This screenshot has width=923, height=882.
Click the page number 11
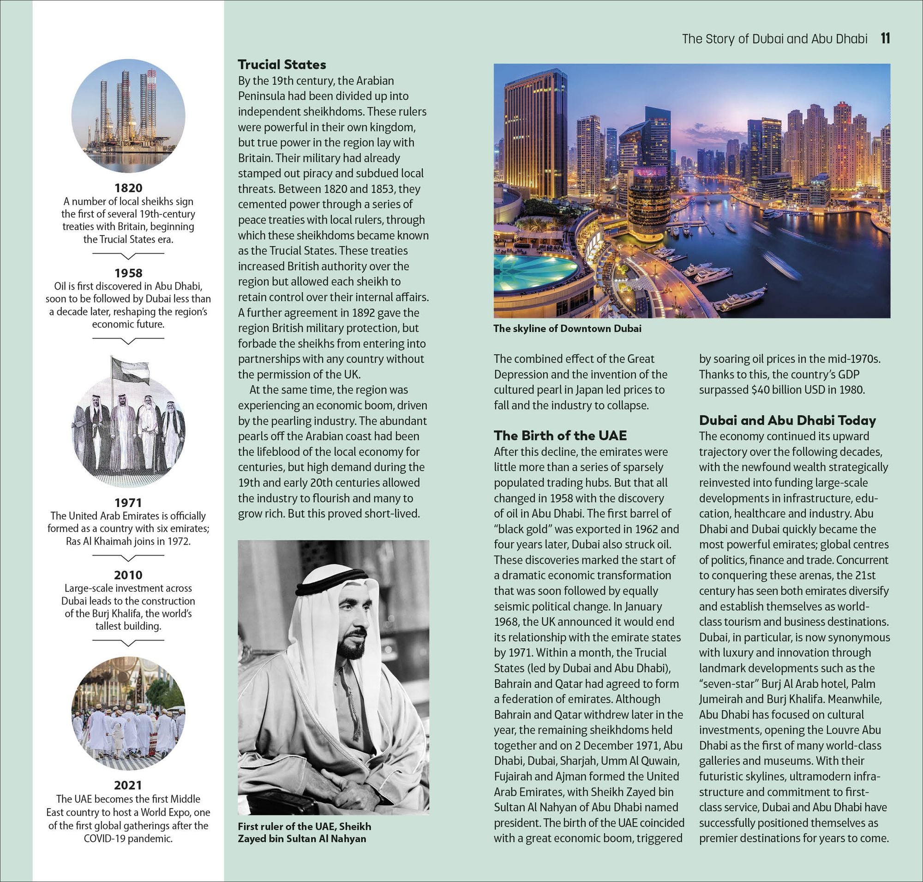click(x=886, y=38)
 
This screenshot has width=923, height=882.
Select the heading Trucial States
click(x=282, y=64)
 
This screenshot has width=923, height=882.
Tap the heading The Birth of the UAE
click(x=560, y=435)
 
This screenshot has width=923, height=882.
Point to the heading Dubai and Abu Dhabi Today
click(x=787, y=420)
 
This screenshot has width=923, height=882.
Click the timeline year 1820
click(x=128, y=188)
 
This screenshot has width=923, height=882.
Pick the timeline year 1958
click(x=128, y=273)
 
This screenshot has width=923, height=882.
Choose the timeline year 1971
click(x=128, y=502)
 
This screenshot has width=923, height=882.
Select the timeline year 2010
click(x=128, y=574)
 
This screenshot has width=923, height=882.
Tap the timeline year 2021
click(x=128, y=785)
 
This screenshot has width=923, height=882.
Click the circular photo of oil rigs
click(x=128, y=115)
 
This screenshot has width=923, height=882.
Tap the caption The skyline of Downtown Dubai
click(x=567, y=329)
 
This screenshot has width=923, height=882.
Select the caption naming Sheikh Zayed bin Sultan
click(x=304, y=832)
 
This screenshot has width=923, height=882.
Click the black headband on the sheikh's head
click(x=331, y=581)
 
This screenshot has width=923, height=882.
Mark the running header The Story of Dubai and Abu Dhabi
click(x=774, y=38)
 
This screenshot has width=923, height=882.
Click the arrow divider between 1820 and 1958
click(x=128, y=255)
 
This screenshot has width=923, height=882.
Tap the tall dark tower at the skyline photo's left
click(x=535, y=136)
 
